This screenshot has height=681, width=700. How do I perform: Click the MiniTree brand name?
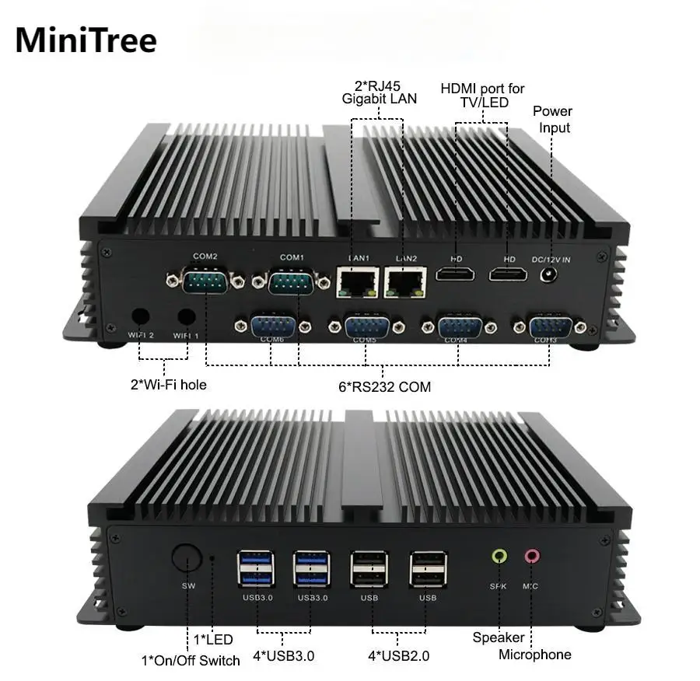[x=86, y=40]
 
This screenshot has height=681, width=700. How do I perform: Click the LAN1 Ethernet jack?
[x=357, y=281]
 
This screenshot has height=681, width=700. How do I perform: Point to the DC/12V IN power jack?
[x=551, y=275]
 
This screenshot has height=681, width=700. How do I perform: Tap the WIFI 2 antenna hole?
[x=141, y=316]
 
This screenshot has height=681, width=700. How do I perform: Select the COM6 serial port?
[x=272, y=325]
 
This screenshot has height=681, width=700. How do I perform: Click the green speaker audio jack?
[x=499, y=556]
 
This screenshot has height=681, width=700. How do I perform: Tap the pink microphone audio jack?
[x=532, y=556]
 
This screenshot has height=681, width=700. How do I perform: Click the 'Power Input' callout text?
[x=552, y=120]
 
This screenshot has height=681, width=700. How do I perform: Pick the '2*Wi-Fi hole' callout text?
[x=168, y=383]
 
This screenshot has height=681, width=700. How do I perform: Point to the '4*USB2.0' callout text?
[x=398, y=655]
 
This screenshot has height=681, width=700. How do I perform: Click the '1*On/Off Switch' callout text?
[x=191, y=660]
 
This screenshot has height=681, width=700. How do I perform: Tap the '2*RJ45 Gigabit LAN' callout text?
[x=379, y=92]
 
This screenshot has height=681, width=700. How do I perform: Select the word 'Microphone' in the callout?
[x=534, y=655]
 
